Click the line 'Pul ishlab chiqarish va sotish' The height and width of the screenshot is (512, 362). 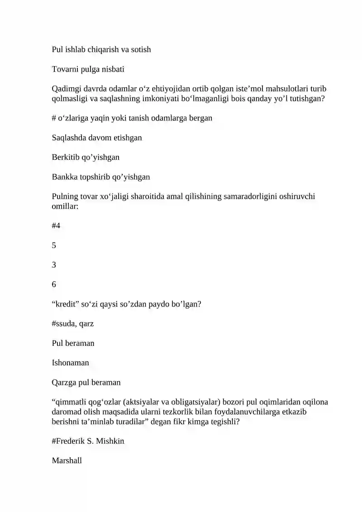101,49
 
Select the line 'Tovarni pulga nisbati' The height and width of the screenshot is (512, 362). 88,69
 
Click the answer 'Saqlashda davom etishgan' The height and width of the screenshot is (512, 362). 97,138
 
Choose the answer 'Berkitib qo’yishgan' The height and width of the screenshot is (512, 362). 86,157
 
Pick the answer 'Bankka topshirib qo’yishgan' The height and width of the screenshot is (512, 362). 101,177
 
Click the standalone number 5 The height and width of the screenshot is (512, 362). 54,245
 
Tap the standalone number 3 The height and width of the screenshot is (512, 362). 54,264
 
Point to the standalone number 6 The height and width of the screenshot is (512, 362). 54,284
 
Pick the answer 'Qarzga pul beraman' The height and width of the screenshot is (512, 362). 86,382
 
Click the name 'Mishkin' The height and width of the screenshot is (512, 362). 110,441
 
